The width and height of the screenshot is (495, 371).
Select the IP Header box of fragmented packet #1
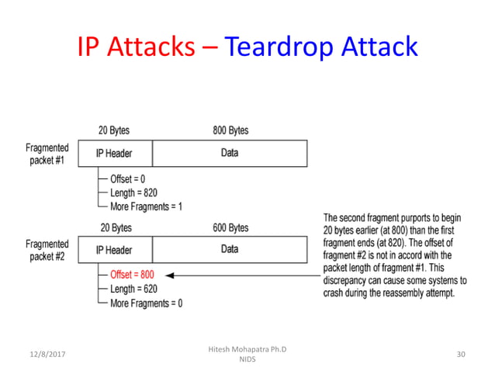(x=113, y=153)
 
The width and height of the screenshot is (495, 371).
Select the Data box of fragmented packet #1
(x=230, y=153)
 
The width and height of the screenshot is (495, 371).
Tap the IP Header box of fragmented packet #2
(x=113, y=250)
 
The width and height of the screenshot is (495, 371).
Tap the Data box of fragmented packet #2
(x=230, y=250)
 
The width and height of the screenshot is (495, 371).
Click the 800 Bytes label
(x=230, y=130)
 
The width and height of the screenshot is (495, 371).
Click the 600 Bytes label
(x=230, y=227)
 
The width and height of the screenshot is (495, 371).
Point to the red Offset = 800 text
(x=132, y=275)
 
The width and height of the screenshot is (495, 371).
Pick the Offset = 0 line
(x=127, y=178)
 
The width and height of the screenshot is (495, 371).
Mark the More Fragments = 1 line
(x=146, y=206)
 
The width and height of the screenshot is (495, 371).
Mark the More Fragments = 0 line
(x=146, y=303)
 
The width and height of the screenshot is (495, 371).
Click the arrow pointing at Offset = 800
(x=241, y=275)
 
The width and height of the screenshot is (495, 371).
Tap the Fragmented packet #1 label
(x=47, y=154)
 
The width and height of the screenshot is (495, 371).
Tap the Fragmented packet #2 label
(x=47, y=251)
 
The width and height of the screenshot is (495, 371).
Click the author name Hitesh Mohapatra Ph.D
(x=247, y=349)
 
